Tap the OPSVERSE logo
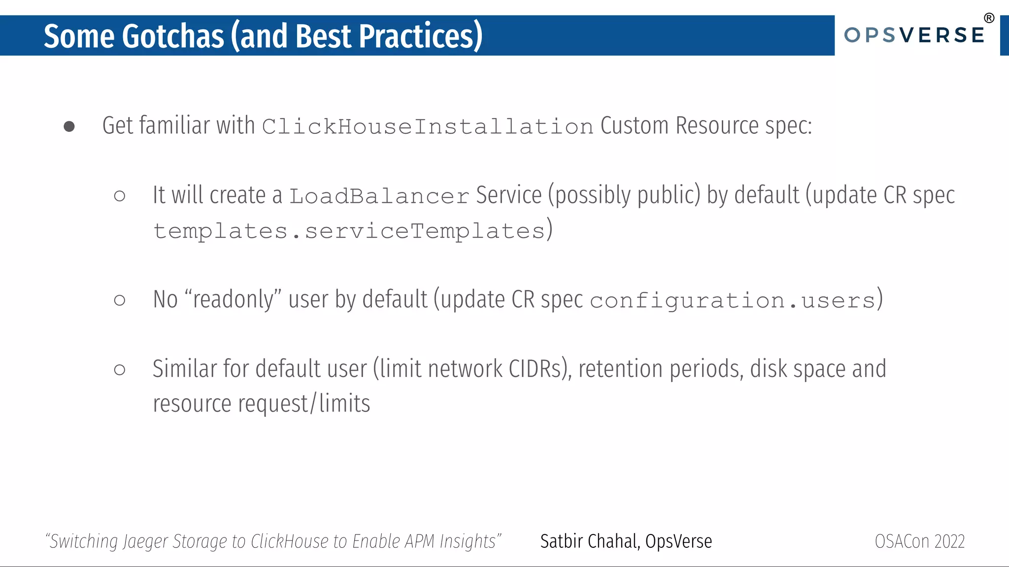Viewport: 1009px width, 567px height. [x=914, y=35]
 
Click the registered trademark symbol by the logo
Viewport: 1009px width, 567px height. [x=989, y=18]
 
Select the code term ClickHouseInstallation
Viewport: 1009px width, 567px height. [x=427, y=127]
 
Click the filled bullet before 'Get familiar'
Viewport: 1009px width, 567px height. [x=69, y=127]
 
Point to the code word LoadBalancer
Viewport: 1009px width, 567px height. [x=379, y=196]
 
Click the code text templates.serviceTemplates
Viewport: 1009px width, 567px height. [x=349, y=231]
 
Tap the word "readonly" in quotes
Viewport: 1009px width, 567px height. [x=233, y=299]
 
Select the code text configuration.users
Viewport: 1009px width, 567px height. [x=732, y=300]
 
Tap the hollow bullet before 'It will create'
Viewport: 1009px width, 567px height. [x=119, y=196]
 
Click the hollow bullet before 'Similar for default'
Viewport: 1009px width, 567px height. [x=119, y=370]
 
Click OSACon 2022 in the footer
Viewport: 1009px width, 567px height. [x=919, y=541]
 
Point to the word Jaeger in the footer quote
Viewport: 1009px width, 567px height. [x=145, y=541]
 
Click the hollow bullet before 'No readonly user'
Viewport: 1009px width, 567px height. [x=119, y=300]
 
